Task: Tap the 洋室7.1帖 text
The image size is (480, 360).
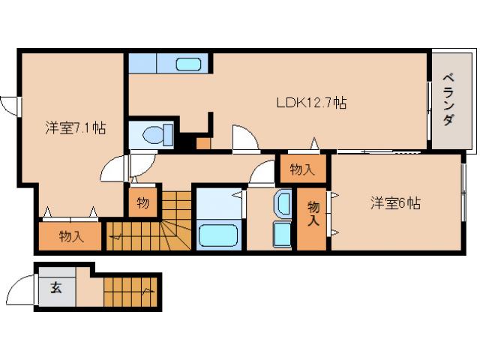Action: tap(74, 128)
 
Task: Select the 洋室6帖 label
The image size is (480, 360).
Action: tap(394, 202)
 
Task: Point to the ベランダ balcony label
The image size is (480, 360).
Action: tap(448, 100)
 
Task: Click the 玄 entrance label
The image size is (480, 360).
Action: tap(56, 286)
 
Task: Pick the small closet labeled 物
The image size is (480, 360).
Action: tap(142, 202)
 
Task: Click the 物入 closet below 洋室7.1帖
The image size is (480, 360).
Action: tap(71, 237)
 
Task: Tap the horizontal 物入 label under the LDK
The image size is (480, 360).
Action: tap(302, 169)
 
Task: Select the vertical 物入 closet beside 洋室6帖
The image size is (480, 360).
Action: tap(313, 214)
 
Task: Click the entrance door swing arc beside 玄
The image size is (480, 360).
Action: tap(22, 289)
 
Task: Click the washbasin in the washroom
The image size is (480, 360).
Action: tap(283, 203)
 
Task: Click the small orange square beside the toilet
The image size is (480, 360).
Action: tap(203, 142)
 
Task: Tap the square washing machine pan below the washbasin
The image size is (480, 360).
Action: tap(282, 234)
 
